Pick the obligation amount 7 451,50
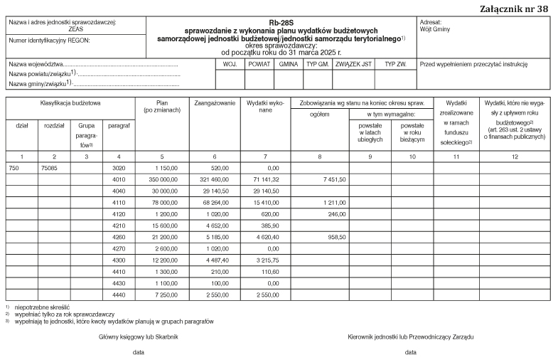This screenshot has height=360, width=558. [333, 180]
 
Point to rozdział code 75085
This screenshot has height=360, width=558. [50, 169]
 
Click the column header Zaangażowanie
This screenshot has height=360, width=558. [214, 104]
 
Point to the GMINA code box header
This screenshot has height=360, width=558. [288, 64]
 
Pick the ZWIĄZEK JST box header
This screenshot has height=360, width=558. [353, 64]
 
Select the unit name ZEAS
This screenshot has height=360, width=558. [75, 31]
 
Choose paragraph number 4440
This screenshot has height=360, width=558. [118, 294]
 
